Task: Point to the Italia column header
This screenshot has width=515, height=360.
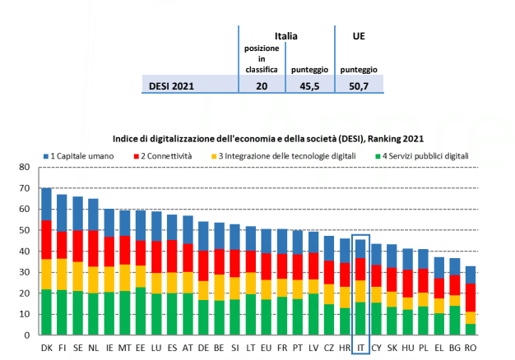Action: pos(285,36)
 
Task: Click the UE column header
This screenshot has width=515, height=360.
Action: pos(358,36)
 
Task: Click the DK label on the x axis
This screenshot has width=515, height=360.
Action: pos(46,348)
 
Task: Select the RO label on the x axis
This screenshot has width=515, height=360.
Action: pos(470,348)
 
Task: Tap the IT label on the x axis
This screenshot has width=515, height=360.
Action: pos(360,348)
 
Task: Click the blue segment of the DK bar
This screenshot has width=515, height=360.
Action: pos(46,204)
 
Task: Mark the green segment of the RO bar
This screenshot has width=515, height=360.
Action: pos(470,329)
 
